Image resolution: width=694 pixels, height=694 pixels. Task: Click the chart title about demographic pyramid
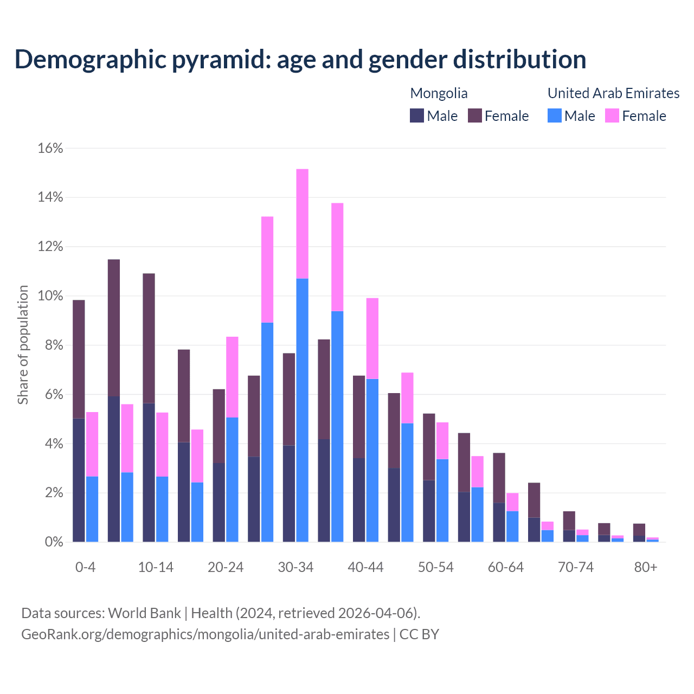(300, 60)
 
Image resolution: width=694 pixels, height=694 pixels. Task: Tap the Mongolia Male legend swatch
(416, 116)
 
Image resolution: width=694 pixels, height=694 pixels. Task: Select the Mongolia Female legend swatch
(475, 116)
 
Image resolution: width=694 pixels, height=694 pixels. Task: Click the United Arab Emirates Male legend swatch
(554, 116)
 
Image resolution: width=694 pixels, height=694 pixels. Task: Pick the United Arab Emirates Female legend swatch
(612, 116)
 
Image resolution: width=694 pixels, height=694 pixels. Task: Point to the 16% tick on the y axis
(50, 149)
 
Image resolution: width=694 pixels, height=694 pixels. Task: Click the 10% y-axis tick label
(50, 296)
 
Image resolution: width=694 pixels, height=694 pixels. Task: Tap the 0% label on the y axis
(53, 542)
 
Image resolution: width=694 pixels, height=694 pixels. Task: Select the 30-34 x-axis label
(295, 568)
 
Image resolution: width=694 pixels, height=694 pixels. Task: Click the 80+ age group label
(646, 568)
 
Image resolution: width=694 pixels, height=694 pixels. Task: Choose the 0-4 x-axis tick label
(85, 568)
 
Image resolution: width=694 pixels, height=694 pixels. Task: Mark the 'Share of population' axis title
(23, 345)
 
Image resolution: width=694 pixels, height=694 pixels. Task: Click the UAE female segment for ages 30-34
(303, 223)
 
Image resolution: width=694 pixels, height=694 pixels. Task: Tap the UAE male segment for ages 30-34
(303, 410)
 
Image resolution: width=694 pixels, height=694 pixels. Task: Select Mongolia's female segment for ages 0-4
(79, 359)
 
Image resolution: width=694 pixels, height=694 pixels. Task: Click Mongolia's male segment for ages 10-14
(149, 472)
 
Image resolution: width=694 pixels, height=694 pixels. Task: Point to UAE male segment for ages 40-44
(372, 460)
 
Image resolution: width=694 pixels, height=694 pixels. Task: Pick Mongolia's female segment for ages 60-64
(499, 478)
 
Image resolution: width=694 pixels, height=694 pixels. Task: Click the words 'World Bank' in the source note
(144, 613)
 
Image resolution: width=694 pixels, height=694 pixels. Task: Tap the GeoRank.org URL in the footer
(205, 634)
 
